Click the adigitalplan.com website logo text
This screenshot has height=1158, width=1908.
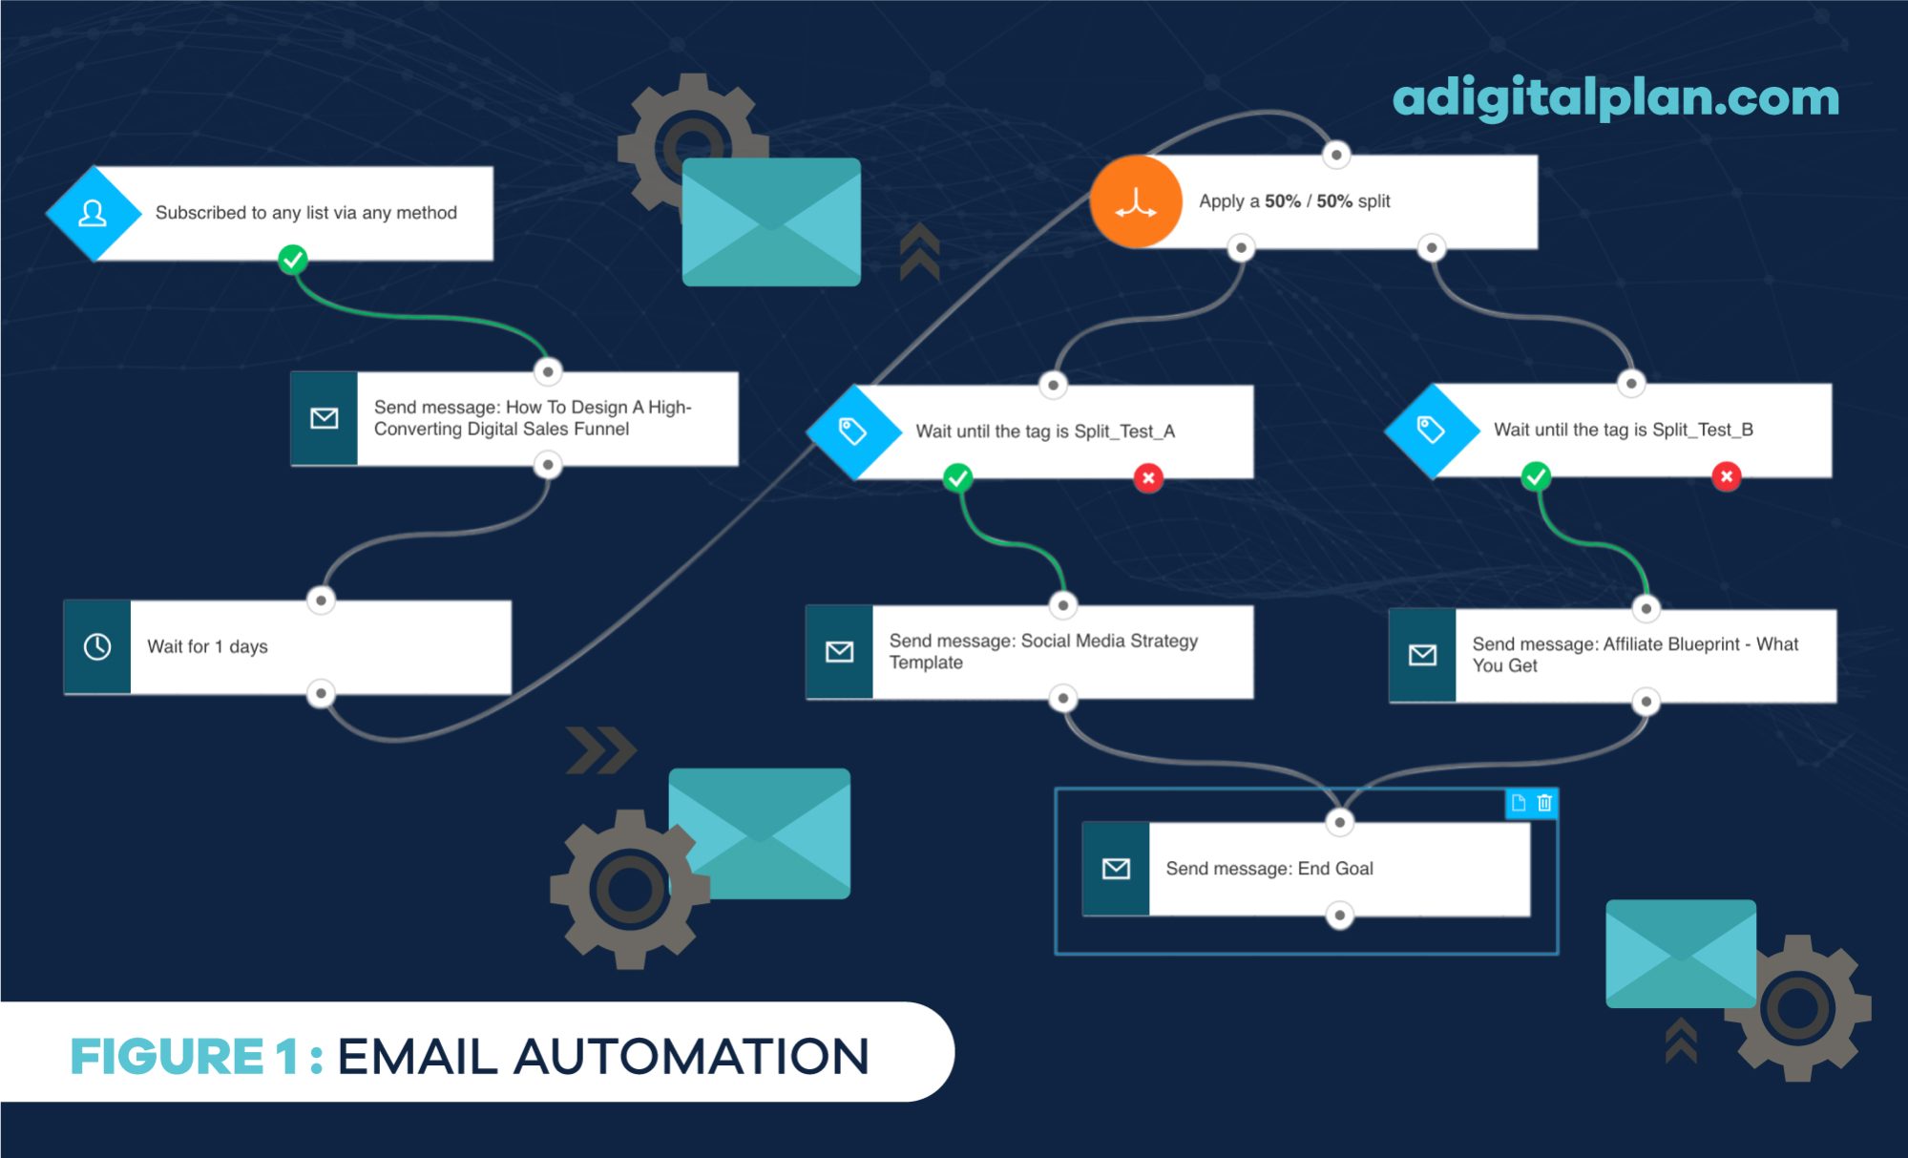point(1615,97)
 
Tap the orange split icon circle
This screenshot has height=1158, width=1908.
point(1136,201)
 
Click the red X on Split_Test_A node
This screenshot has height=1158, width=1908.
point(1148,477)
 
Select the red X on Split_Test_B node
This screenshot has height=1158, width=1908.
point(1726,475)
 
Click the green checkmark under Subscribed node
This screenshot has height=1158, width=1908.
point(293,259)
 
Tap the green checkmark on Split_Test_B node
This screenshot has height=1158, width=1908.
point(1536,475)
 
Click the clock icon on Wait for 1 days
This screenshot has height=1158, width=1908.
point(97,646)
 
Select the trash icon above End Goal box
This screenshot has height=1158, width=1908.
point(1544,803)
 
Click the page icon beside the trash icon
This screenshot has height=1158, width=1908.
point(1519,803)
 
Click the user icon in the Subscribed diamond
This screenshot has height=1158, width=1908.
point(93,213)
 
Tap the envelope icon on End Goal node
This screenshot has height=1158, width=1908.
point(1116,868)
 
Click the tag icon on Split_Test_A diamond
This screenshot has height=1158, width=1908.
point(852,431)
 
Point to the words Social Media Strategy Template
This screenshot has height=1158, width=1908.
point(1042,651)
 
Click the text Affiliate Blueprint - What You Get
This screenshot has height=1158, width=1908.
point(1634,654)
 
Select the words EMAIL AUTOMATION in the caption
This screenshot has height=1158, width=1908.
point(603,1057)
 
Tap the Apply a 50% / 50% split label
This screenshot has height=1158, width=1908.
point(1294,201)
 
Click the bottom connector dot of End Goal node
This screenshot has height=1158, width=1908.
point(1340,916)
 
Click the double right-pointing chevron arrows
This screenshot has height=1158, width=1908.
point(600,750)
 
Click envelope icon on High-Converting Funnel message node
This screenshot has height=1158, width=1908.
point(325,418)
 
